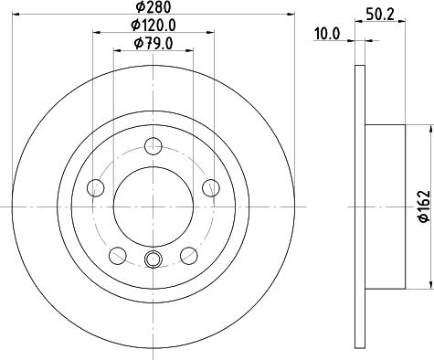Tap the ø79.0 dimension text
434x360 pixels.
coord(153,44)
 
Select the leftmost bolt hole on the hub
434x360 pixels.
coord(96,188)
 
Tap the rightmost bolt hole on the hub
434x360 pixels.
coord(211,188)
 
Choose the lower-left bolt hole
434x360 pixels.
coord(118,255)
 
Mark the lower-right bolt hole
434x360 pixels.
coord(189,255)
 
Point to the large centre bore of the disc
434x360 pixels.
coord(153,205)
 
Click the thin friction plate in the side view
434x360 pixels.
coord(359,206)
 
